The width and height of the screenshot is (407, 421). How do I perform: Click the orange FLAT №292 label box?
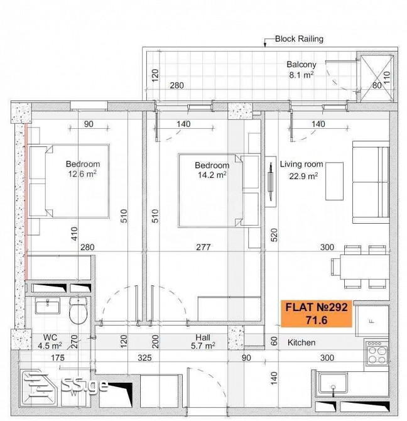317,314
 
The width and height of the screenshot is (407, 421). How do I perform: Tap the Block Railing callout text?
299,39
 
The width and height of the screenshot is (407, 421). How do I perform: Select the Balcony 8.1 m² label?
301,70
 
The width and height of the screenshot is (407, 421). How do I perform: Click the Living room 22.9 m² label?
301,170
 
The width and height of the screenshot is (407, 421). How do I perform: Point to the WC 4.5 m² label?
50,341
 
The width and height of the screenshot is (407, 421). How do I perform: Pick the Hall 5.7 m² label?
203,342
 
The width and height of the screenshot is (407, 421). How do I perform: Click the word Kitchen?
301,342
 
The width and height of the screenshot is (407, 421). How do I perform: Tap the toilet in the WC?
79,310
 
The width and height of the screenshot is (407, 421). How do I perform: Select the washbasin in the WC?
48,307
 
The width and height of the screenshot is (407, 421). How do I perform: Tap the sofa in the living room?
371,182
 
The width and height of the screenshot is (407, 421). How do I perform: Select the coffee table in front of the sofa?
334,181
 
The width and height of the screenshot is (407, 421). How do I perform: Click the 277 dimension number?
203,247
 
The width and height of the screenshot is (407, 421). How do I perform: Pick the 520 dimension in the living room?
274,235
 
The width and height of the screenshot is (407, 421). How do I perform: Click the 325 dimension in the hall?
144,358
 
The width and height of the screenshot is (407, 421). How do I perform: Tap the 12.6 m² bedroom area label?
82,174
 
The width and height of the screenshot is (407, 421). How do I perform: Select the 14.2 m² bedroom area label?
212,175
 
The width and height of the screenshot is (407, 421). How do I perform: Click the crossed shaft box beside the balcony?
377,79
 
